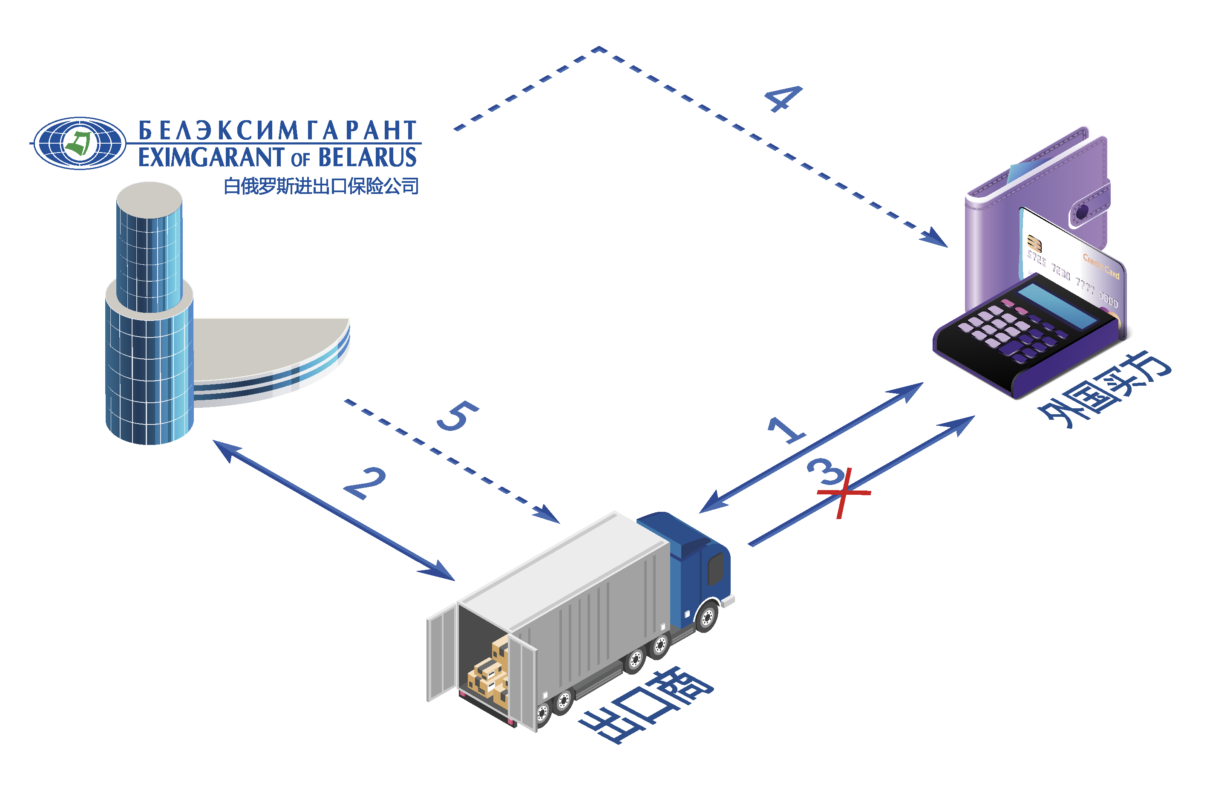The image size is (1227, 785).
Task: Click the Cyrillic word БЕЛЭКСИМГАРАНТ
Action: coord(278,130)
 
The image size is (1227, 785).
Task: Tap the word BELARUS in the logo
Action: coord(367,158)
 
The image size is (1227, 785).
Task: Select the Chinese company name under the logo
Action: coord(321,187)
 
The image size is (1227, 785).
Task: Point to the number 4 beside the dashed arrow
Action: coord(783,98)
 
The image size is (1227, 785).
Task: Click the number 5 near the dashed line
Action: coord(458,416)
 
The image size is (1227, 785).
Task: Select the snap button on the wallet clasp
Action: coord(1082,211)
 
